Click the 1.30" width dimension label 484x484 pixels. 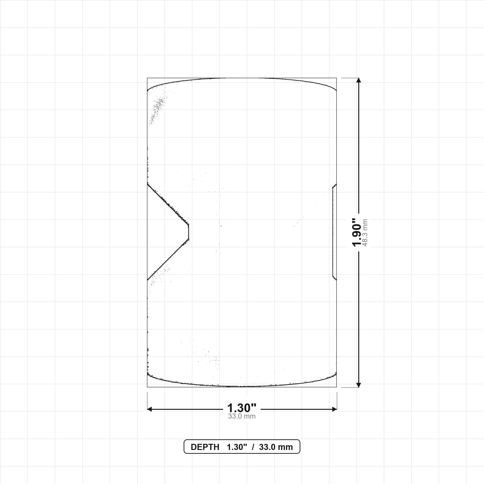(x=242, y=408)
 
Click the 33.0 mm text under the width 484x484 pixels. (x=242, y=416)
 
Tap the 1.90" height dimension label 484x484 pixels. (x=357, y=233)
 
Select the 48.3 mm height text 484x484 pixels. (x=365, y=233)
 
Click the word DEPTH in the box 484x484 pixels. (x=205, y=447)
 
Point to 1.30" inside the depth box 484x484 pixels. (x=237, y=447)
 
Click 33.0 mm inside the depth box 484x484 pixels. (x=276, y=447)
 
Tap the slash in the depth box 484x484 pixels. (x=253, y=447)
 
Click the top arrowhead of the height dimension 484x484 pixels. (x=359, y=80)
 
